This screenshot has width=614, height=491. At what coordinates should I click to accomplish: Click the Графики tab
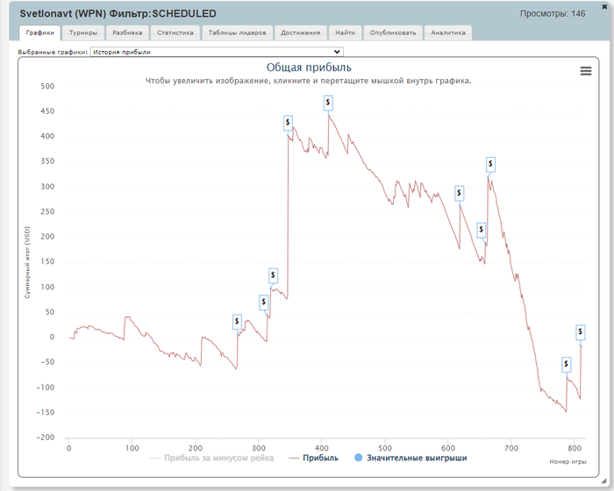coord(39,32)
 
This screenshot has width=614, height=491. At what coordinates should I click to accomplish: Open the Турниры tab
coord(83,32)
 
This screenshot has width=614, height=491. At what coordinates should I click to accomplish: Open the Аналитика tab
coord(448,32)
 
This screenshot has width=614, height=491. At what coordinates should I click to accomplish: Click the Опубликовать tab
coord(393,32)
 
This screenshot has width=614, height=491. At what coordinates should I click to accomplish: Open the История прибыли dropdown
coord(217,52)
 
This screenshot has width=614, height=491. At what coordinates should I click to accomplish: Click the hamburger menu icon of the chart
coord(586,71)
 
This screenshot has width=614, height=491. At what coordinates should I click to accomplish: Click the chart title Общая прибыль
coord(309,68)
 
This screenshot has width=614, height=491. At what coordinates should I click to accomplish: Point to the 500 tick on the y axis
coord(46,86)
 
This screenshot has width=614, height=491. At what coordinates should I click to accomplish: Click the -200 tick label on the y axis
coord(44,438)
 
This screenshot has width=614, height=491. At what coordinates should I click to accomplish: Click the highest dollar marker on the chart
coord(328,103)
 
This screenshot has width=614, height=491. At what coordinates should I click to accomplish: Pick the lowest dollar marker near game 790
coord(567,364)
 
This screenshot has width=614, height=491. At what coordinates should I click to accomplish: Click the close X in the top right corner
coord(604,6)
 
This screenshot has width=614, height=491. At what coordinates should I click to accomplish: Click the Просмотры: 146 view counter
coord(553,14)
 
